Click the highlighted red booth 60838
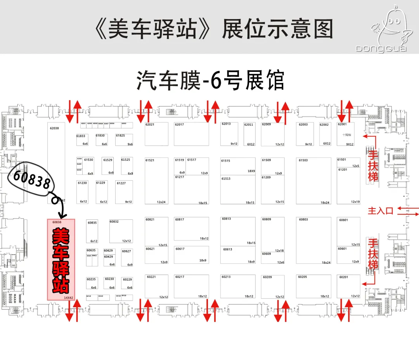pyautogui.click(x=61, y=259)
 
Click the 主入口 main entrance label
pyautogui.click(x=381, y=211)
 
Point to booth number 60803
pyautogui.click(x=303, y=220)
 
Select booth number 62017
pyautogui.click(x=179, y=125)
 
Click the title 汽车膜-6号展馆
pyautogui.click(x=210, y=81)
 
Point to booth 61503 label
pyautogui.click(x=303, y=160)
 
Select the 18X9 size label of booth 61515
pyautogui.click(x=251, y=171)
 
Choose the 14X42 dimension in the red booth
pyautogui.click(x=69, y=298)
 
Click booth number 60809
pyautogui.click(x=267, y=219)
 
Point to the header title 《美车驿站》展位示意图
pyautogui.click(x=214, y=30)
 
